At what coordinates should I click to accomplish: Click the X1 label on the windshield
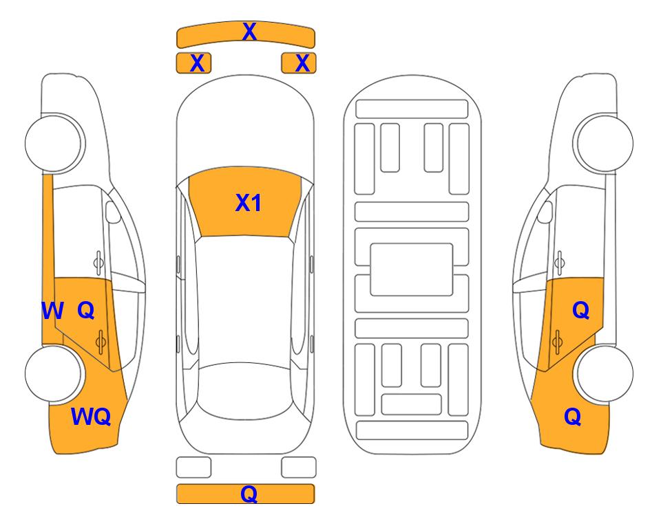249,203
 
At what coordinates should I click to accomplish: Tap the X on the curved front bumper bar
249,32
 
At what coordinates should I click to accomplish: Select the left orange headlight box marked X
193,63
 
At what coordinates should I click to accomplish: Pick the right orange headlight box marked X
299,63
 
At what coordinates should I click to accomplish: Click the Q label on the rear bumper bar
249,494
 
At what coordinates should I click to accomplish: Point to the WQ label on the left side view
91,417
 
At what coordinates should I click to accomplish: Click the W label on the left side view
52,311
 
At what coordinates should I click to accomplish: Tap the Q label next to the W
86,311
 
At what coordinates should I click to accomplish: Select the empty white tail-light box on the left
193,467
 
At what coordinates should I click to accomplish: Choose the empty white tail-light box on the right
299,467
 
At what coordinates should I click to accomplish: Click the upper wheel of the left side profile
54,143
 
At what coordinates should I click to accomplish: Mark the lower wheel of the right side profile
604,374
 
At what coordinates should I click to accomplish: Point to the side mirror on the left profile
113,212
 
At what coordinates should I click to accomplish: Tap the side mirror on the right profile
545,212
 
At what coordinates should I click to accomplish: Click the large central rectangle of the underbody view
412,269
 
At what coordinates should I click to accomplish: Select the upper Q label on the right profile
581,311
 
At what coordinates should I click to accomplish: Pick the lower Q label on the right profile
573,417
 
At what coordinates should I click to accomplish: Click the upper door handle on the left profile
98,262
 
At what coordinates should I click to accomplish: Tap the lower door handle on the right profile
557,342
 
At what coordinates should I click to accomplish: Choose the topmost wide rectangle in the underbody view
412,109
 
